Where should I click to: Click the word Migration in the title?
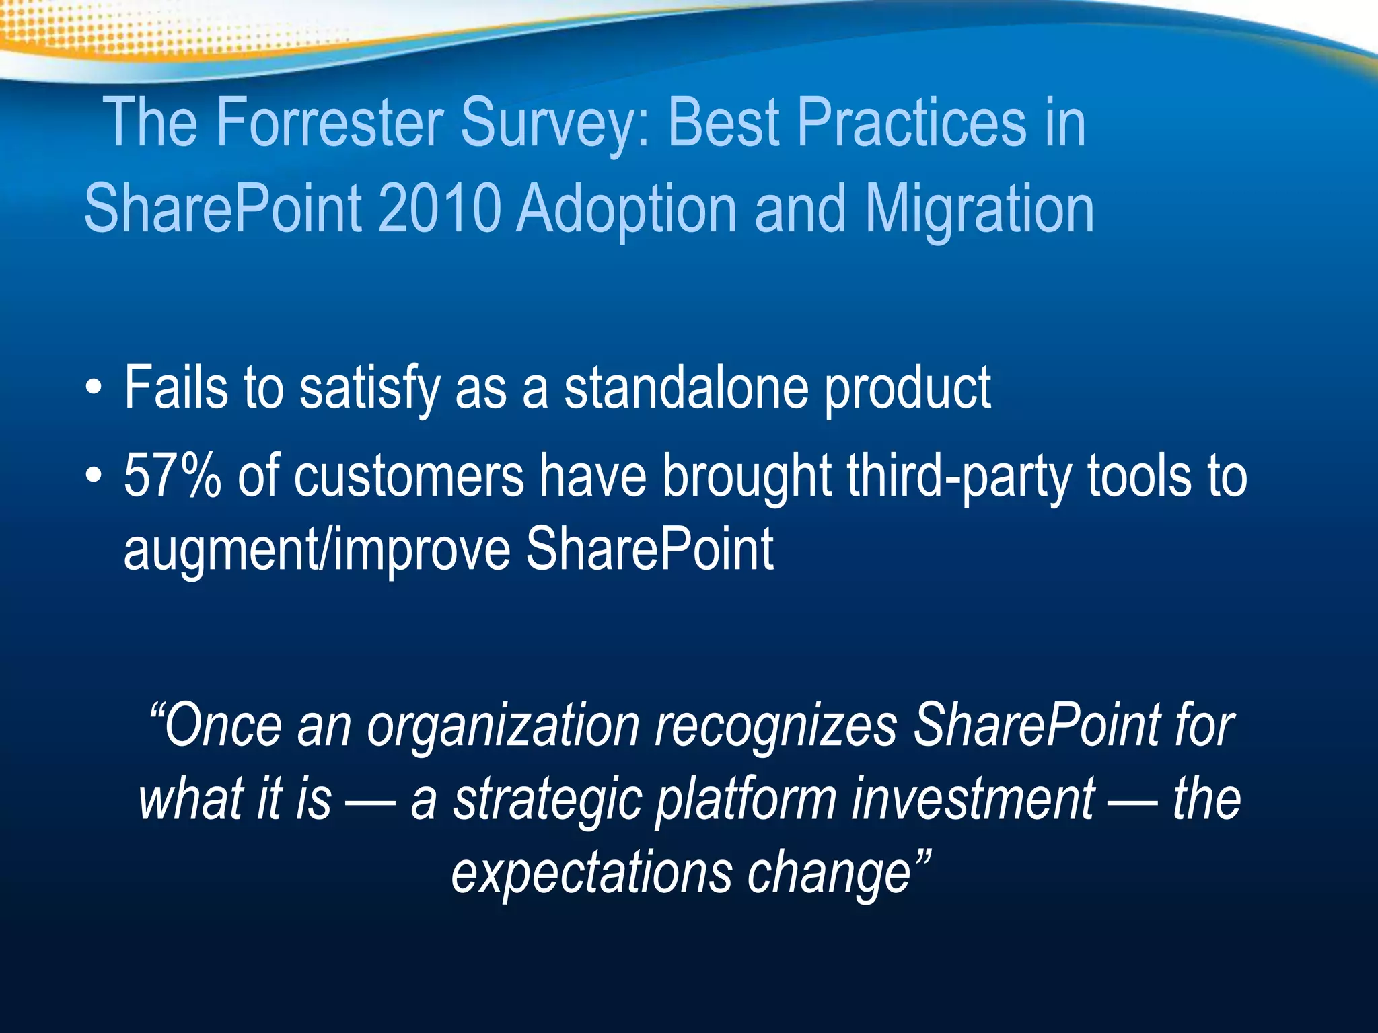[x=979, y=210]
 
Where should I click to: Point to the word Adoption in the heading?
[x=626, y=210]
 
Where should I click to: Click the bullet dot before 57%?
[x=94, y=477]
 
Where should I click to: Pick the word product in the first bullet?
[x=908, y=390]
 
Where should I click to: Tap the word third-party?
[x=958, y=477]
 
